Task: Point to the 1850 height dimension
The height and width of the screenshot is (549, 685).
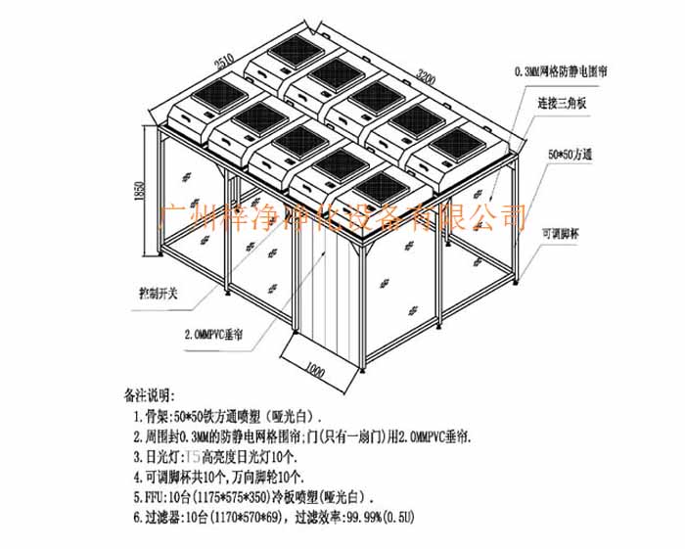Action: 143,191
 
